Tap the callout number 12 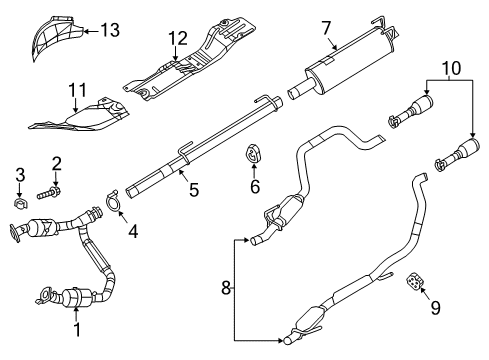177,40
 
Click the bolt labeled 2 54,188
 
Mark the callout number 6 254,187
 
